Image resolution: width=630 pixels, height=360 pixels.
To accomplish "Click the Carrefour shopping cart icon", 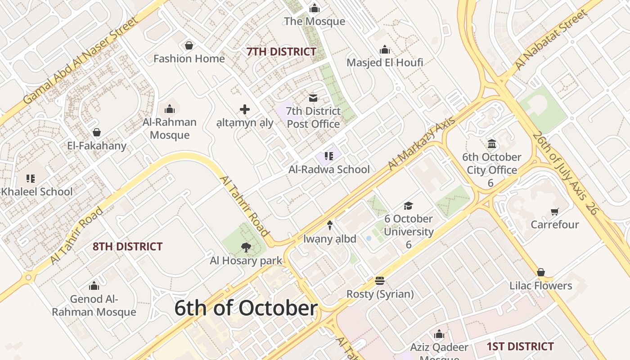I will [554, 211].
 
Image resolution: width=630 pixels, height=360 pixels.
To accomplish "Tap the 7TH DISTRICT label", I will [281, 52].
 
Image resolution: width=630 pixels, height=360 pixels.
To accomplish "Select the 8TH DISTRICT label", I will [127, 247].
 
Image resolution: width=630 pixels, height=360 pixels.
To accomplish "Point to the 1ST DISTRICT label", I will [520, 346].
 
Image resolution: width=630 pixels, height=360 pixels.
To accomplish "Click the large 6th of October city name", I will [246, 308].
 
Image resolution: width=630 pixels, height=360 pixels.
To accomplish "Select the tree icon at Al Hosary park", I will [246, 247].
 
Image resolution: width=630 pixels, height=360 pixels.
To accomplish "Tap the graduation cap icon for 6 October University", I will [408, 206].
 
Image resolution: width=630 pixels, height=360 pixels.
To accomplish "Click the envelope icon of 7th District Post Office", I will [313, 98].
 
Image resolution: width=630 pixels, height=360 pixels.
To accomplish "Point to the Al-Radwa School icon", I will [329, 156].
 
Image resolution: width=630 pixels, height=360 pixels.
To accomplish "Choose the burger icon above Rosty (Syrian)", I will [380, 281].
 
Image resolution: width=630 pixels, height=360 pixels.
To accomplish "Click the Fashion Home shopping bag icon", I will [189, 45].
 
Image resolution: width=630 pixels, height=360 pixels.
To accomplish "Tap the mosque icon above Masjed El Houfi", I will [385, 49].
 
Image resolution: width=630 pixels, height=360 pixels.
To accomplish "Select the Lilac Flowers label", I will [540, 286].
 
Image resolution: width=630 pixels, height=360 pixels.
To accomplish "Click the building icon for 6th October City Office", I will [492, 144].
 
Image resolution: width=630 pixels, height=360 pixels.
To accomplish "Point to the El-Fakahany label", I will [97, 146].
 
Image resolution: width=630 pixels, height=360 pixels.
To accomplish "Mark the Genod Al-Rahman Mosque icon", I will [94, 286].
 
